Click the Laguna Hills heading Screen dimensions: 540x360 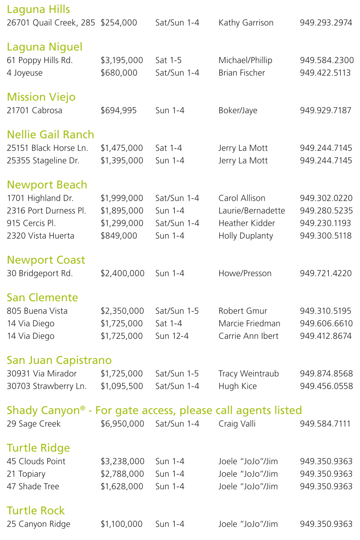tap(38, 9)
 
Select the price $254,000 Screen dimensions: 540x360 tap(119, 23)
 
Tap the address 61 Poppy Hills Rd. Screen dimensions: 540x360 tap(40, 60)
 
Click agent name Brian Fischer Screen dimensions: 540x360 tap(242, 73)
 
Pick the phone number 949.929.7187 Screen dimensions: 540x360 tap(326, 110)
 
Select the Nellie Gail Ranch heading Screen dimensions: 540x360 tap(51, 135)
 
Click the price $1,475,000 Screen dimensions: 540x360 tap(122, 148)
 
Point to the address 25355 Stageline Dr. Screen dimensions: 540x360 tap(43, 160)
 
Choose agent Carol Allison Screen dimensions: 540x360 tap(242, 198)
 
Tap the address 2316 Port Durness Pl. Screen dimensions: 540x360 tap(47, 211)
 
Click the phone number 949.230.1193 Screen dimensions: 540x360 tap(325, 223)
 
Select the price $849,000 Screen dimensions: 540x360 tap(119, 236)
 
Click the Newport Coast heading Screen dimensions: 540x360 tap(46, 260)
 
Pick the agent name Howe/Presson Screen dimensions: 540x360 tap(245, 273)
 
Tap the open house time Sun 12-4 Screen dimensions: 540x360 tap(172, 336)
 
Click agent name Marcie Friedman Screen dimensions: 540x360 tap(249, 324)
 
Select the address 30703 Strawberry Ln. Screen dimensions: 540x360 tap(47, 386)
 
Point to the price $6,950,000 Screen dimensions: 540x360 tap(122, 424)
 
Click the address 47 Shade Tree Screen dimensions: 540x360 tap(33, 486)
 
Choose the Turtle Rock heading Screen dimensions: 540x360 tap(36, 511)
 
